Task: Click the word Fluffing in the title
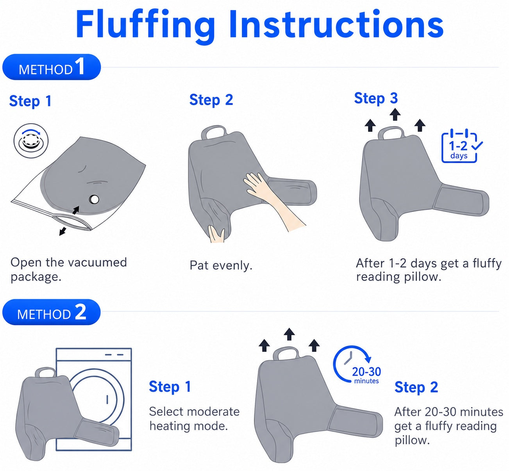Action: (145, 26)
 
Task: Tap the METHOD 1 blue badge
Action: (52, 67)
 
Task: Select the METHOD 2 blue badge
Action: (52, 312)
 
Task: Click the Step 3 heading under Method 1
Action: (376, 98)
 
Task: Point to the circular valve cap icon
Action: (31, 141)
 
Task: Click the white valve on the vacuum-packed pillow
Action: (94, 199)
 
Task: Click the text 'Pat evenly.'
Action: (221, 266)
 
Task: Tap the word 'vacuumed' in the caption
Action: (98, 262)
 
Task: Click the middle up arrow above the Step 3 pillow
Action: (395, 114)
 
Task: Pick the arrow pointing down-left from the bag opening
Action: (63, 231)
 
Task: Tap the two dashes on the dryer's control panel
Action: (114, 355)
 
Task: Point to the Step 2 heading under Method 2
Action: (416, 387)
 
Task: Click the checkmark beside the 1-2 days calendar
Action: (477, 146)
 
